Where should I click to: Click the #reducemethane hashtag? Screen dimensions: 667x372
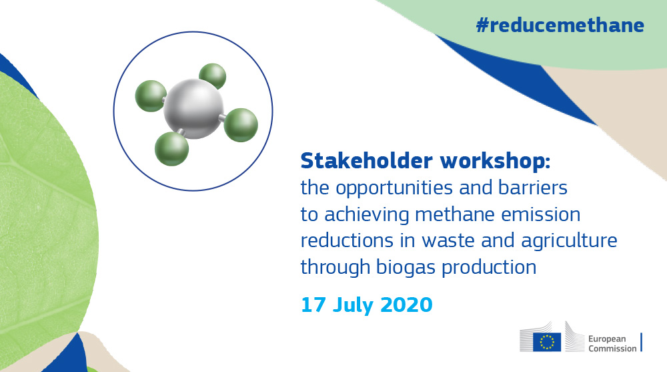(x=560, y=25)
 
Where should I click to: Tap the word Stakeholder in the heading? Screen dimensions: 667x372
(x=367, y=161)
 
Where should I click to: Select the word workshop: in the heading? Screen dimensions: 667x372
(x=495, y=161)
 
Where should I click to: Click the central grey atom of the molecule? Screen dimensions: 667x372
(x=193, y=109)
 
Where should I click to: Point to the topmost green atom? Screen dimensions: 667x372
(x=213, y=76)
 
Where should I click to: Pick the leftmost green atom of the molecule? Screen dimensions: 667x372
(x=151, y=96)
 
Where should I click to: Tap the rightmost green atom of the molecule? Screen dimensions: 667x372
(x=241, y=125)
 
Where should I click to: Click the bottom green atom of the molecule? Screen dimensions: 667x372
(x=171, y=149)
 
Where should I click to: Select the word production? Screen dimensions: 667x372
(x=489, y=268)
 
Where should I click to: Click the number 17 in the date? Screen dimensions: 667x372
(x=313, y=305)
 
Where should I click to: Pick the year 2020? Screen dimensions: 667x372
(x=406, y=305)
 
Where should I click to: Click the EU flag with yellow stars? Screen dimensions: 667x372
(x=547, y=342)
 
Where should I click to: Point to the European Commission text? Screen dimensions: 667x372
(x=612, y=343)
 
